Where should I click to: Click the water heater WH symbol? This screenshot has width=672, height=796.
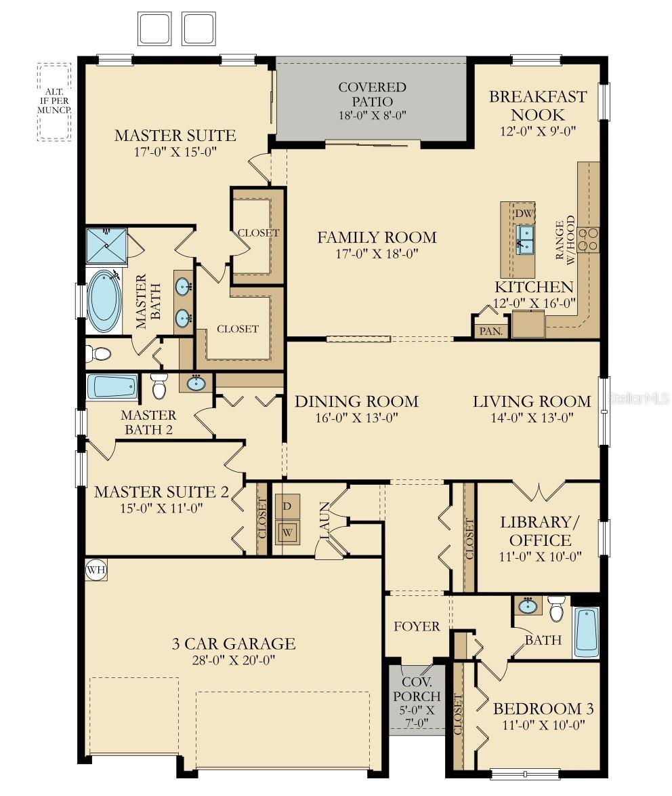tap(96, 570)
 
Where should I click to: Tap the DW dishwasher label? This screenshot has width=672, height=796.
tap(524, 213)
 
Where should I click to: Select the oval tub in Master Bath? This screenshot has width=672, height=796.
tap(104, 301)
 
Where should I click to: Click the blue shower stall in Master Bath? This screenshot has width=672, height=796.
tap(106, 246)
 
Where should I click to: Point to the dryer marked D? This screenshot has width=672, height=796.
tap(288, 506)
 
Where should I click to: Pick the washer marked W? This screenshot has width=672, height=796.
tap(288, 532)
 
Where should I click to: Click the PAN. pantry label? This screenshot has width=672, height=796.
tap(491, 331)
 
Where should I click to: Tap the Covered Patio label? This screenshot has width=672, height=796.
tap(373, 94)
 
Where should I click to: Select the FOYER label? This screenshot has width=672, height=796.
tap(417, 626)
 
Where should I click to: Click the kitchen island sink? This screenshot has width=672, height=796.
tap(525, 239)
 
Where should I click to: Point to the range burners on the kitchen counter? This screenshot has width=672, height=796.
tap(588, 239)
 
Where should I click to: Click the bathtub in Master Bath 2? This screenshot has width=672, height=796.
tap(112, 387)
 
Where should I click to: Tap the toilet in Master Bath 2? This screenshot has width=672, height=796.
tap(159, 386)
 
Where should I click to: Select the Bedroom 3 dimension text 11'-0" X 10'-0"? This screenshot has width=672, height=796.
tap(544, 724)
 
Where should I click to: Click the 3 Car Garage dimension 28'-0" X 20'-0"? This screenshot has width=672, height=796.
tap(233, 660)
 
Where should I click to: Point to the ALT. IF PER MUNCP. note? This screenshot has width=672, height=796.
tap(54, 100)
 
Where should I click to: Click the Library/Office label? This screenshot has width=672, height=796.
tap(540, 531)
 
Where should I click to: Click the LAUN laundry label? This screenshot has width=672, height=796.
tap(324, 520)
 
